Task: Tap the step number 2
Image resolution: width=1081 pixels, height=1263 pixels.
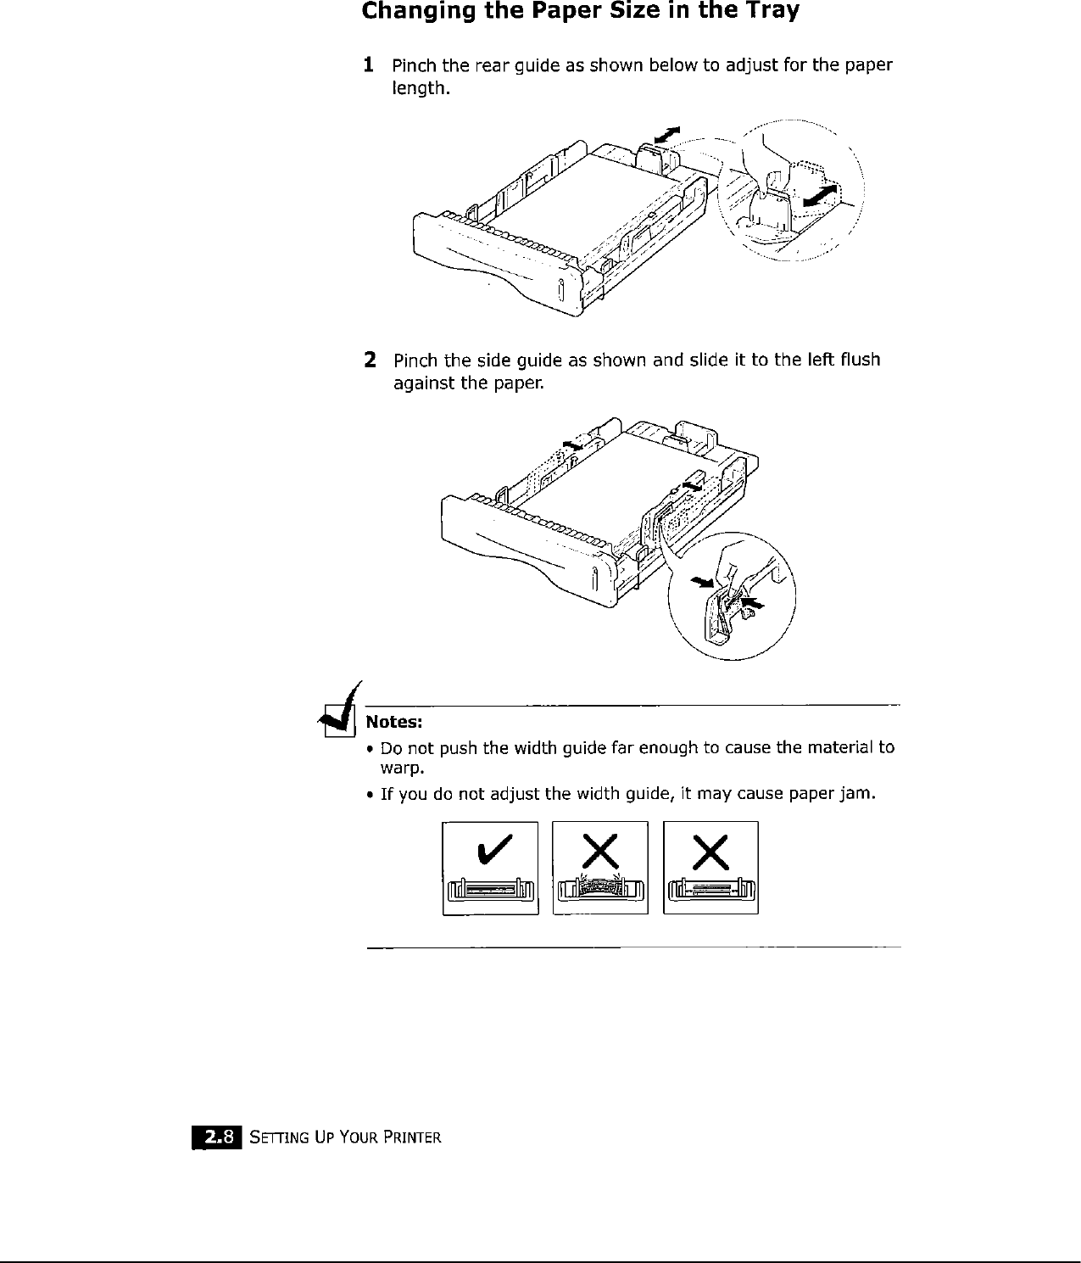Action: point(370,360)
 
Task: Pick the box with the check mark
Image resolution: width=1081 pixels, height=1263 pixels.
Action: point(490,868)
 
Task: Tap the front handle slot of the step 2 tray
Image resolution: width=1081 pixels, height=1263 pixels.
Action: point(594,580)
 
